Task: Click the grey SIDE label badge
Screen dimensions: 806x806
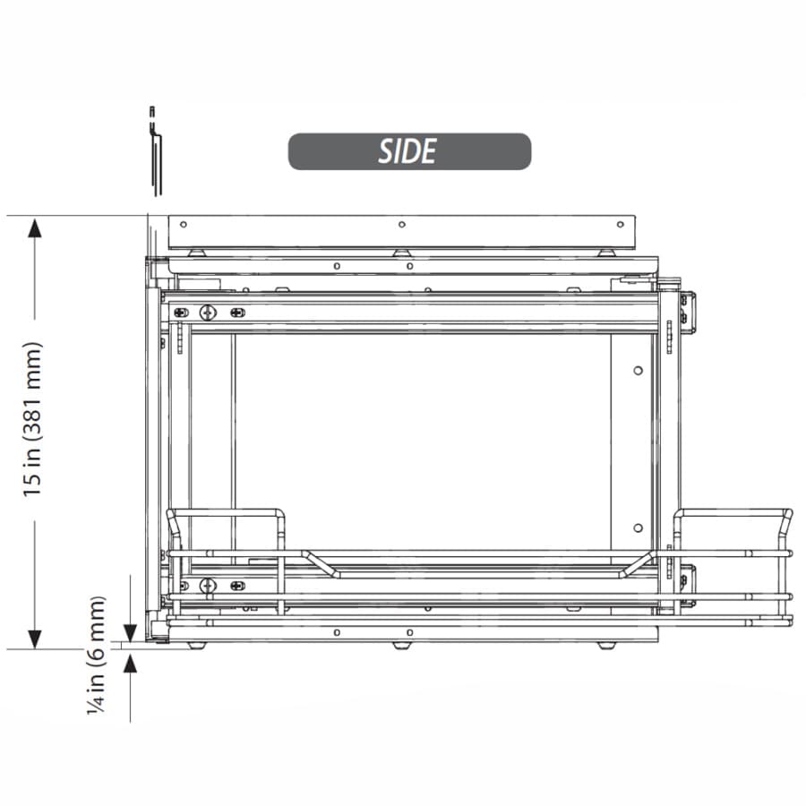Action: coord(409,151)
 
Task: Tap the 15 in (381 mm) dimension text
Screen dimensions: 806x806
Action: coord(32,419)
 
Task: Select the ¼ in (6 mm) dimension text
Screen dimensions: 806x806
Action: coord(97,655)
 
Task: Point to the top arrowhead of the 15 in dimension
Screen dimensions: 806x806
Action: coord(34,228)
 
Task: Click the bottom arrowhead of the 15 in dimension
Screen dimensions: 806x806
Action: coord(34,639)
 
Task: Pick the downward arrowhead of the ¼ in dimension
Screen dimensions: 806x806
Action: coord(130,633)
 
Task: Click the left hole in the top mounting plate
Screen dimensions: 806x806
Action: coord(183,225)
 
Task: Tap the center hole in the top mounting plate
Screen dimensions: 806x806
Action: coord(402,225)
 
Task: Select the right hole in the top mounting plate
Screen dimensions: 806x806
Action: coord(621,225)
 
